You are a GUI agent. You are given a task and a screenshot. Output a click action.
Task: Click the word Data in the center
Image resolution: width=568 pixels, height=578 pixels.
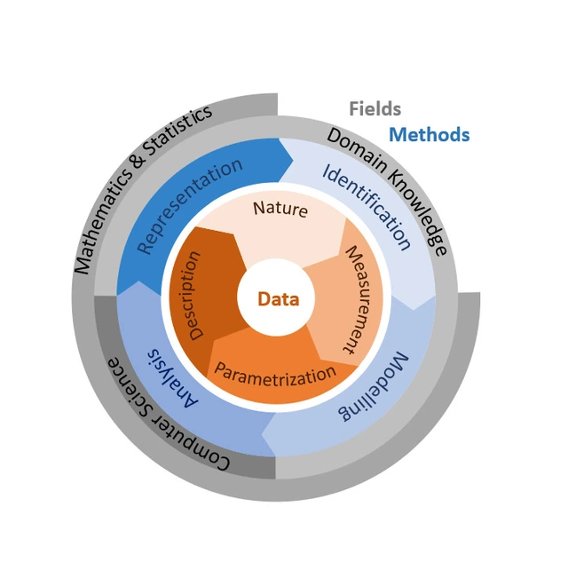click(278, 299)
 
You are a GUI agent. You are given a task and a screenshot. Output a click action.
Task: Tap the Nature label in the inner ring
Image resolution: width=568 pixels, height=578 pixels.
click(280, 209)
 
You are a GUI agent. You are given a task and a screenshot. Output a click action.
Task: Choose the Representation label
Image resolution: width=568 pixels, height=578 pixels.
click(192, 205)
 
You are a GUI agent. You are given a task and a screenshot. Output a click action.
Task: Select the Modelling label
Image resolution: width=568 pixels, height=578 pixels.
click(375, 388)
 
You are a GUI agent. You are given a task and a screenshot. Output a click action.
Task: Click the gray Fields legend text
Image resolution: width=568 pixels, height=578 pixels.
click(375, 109)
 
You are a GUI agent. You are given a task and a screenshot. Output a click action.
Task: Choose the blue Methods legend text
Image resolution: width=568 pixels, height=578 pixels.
click(430, 135)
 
